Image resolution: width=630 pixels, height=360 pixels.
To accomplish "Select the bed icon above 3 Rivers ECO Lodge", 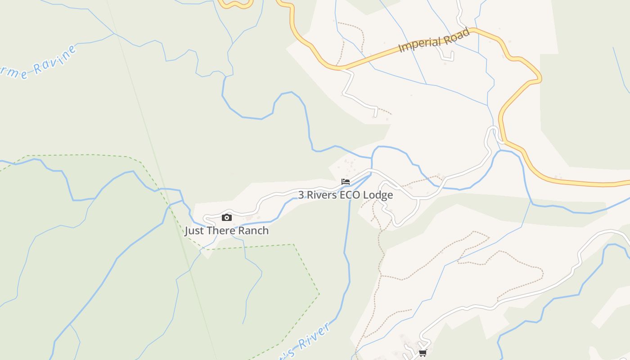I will point(346,182).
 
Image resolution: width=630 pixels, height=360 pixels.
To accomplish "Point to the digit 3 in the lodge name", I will point(301,195).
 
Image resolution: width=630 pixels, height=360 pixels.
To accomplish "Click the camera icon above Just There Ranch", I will point(227,218).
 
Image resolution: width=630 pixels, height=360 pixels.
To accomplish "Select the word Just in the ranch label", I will point(194,231).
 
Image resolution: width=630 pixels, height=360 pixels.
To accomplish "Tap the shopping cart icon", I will point(423,353).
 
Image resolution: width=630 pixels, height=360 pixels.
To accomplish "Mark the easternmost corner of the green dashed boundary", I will point(319,294).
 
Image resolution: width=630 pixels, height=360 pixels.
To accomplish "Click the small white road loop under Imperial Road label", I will point(447,55).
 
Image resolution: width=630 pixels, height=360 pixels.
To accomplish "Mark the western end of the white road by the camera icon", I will point(204,219).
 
